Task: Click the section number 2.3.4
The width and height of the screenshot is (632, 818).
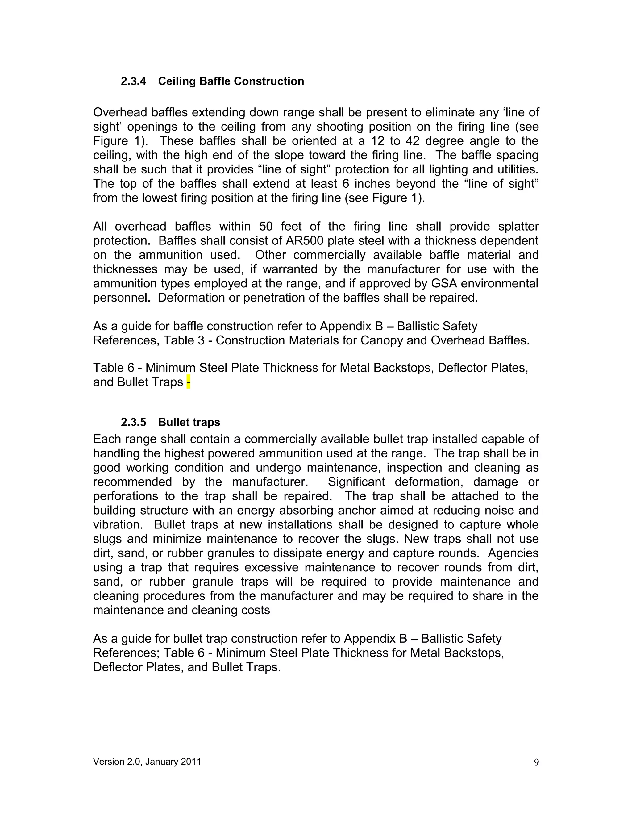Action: point(133,81)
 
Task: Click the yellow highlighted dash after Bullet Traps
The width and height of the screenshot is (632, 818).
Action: point(188,382)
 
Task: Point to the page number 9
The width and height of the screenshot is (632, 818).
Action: point(536,762)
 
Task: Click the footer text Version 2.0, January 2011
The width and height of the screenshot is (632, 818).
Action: point(147,762)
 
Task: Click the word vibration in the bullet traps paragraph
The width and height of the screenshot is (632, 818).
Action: point(116,524)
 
